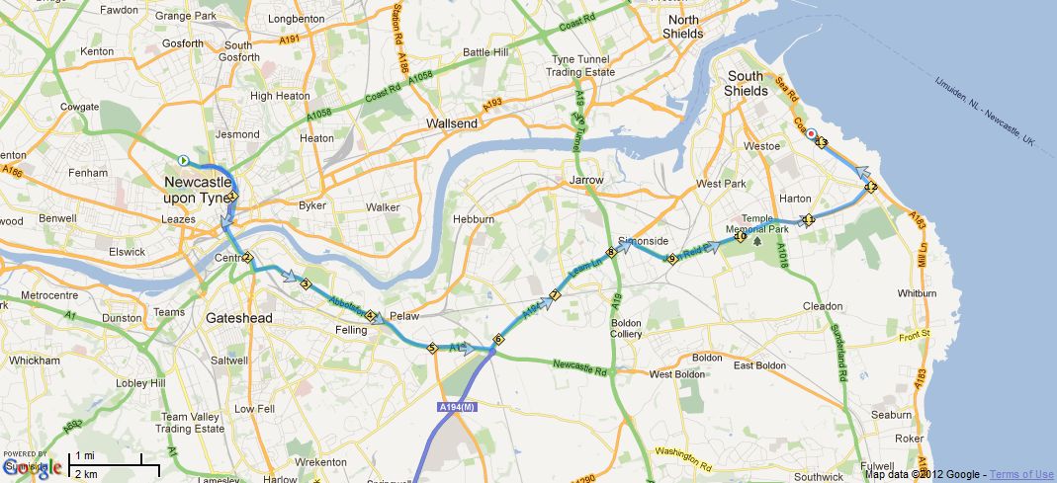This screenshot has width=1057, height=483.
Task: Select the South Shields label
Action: coord(746,83)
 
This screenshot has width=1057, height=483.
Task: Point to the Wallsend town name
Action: coord(451,123)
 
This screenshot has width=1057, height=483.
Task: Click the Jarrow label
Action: coord(586,181)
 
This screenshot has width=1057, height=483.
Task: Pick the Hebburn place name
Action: coord(472,218)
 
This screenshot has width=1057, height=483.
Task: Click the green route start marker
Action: coord(182,160)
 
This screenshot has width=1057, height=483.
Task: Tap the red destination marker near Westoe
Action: coord(811,134)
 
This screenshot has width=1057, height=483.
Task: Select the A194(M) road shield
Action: coord(456,406)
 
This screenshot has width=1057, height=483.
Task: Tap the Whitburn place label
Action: coord(916,293)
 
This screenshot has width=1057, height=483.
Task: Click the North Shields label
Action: coord(683,27)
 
